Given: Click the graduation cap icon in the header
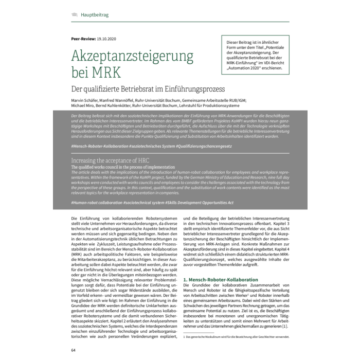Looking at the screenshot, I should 74,15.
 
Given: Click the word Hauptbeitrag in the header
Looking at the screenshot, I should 95,15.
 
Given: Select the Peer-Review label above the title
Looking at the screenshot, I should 82,39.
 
